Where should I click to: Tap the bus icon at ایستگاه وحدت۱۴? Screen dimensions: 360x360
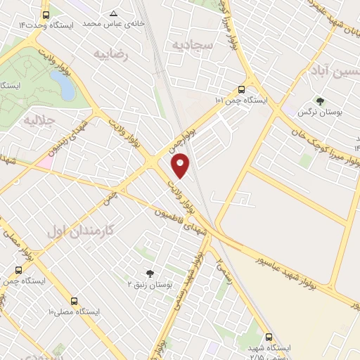[46, 14]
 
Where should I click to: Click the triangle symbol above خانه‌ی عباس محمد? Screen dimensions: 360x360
[114, 13]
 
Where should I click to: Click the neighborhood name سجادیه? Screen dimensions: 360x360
[189, 44]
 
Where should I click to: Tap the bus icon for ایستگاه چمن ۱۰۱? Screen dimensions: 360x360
[241, 89]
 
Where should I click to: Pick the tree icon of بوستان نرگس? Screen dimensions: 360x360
[320, 101]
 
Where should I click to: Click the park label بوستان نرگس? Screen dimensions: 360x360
[314, 112]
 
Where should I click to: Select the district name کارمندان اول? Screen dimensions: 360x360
[84, 230]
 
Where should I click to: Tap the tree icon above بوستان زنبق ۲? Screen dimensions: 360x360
[149, 273]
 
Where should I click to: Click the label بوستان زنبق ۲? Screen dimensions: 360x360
[148, 284]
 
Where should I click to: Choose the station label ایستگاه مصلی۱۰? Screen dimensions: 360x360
[74, 311]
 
